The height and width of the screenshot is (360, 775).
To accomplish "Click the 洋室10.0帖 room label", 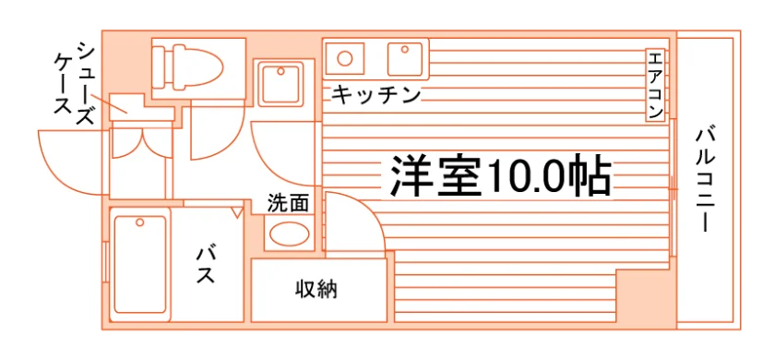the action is tap(501, 176).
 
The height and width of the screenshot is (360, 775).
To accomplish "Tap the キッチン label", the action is tap(376, 94).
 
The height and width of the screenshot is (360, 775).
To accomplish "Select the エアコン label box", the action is tap(654, 85).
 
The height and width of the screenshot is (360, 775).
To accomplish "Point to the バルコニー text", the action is tap(706, 180).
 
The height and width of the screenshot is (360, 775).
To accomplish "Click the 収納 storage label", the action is tap(316, 289).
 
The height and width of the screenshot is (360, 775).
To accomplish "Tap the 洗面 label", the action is tap(288, 203).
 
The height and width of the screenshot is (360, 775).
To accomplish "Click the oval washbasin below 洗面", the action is tap(288, 234).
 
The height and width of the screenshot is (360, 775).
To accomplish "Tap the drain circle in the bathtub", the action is tap(140, 222).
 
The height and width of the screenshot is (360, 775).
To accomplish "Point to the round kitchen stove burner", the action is tap(344, 58).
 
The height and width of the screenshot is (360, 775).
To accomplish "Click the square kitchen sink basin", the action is tap(405, 59).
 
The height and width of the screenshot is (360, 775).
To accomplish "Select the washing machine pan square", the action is tap(280, 84).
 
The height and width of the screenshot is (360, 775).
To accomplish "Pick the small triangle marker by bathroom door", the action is tap(238, 213).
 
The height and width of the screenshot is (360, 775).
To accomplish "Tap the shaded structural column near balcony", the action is tap(645, 298).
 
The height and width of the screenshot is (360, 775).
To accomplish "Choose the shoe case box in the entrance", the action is tap(127, 107).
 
